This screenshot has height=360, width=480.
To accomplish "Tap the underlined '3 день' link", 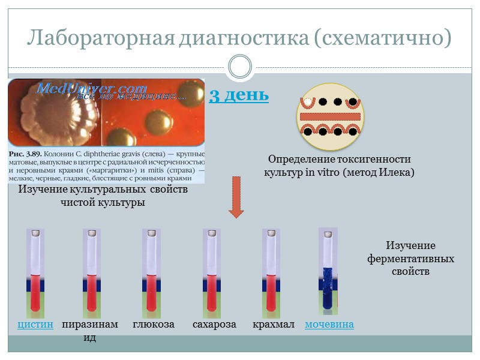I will [x=238, y=95].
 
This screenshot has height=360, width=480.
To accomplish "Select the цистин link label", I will [x=35, y=325].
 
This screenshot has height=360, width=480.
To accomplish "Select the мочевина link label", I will [x=329, y=325].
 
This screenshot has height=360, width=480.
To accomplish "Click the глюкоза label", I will [x=154, y=325].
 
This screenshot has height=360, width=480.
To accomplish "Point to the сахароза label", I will [x=214, y=325].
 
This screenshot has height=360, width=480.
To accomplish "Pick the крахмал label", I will [x=274, y=325].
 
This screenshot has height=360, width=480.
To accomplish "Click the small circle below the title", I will [x=240, y=67].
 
